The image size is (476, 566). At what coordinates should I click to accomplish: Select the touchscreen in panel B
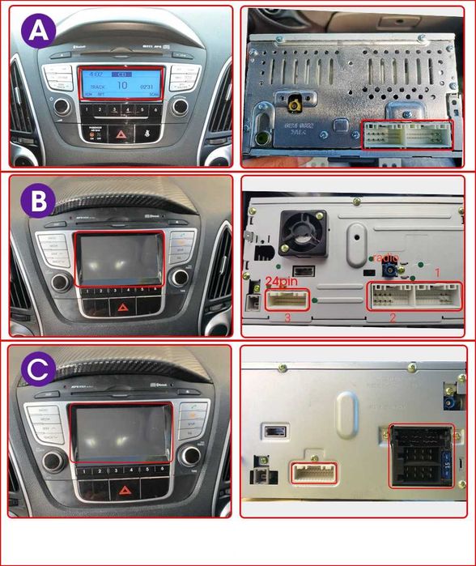click(121, 259)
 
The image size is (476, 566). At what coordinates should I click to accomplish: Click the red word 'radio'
click(386, 257)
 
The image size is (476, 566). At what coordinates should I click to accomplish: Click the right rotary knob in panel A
click(180, 107)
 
